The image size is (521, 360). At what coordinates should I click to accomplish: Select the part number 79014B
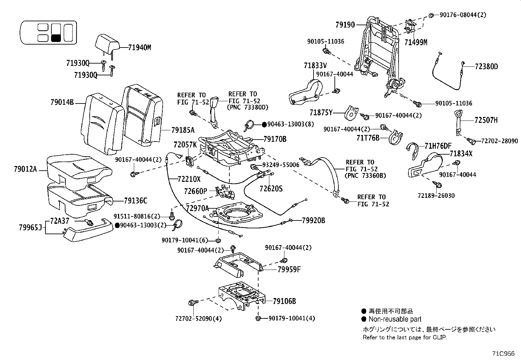pyautogui.click(x=62, y=102)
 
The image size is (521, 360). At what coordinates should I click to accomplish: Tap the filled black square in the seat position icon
pyautogui.click(x=56, y=38)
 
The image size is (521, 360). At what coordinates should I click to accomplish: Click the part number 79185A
pyautogui.click(x=183, y=130)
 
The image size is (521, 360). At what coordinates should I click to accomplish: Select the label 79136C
pyautogui.click(x=135, y=201)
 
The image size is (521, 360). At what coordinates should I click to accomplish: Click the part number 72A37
pyautogui.click(x=60, y=221)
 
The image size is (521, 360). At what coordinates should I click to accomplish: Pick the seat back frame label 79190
pyautogui.click(x=345, y=25)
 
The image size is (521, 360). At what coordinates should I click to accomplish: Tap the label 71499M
pyautogui.click(x=416, y=42)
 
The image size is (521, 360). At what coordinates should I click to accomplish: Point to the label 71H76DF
pyautogui.click(x=438, y=146)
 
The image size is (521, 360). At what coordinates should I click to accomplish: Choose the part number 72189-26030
pyautogui.click(x=436, y=196)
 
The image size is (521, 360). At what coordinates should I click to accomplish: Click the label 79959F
pyautogui.click(x=289, y=270)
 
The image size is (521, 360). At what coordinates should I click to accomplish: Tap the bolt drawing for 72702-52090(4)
pyautogui.click(x=192, y=303)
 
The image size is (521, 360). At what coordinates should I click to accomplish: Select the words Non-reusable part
pyautogui.click(x=395, y=319)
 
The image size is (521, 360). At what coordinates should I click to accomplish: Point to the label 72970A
pyautogui.click(x=197, y=208)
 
